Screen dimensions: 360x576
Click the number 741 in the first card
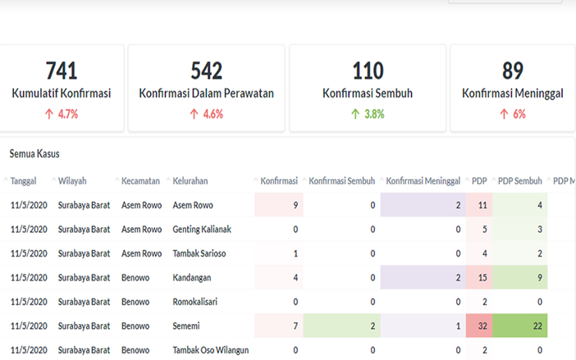pos(62,70)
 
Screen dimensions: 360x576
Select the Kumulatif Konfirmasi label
pos(62,93)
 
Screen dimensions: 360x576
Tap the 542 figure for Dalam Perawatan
pos(206,70)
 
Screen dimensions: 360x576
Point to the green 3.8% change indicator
pos(368,114)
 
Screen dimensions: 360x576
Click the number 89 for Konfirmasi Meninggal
pos(512,70)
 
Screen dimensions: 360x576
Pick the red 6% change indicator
pos(512,114)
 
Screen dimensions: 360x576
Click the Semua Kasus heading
pos(34,153)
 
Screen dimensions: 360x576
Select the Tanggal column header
pos(24,180)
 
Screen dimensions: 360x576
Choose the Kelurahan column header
pos(190,180)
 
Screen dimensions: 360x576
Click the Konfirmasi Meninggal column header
pos(423,180)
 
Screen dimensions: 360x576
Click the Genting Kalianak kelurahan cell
pos(202,230)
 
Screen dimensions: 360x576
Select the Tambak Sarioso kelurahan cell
pos(199,253)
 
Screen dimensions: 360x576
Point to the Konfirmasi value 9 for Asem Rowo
pos(295,205)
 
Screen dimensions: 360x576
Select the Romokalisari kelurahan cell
pos(196,302)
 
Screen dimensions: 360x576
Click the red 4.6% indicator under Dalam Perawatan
pos(206,114)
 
